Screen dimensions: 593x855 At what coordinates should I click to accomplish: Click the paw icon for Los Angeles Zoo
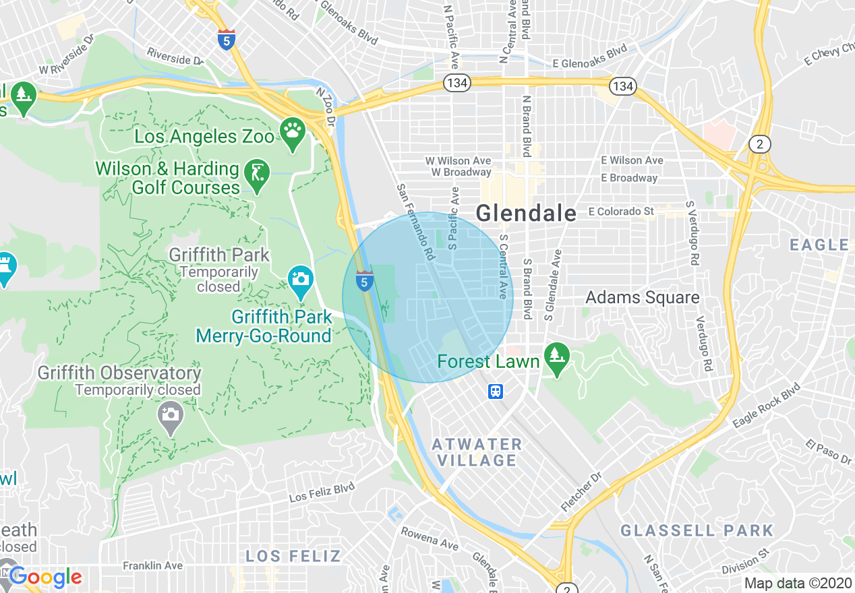(292, 131)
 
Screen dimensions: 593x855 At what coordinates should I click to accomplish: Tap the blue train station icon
(496, 391)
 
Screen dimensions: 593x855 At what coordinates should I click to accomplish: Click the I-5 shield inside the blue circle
(364, 280)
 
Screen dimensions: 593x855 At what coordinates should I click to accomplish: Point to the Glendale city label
(526, 214)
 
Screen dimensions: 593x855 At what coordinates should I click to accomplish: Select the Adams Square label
(642, 297)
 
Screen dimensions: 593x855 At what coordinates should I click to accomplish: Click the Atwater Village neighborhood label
(477, 453)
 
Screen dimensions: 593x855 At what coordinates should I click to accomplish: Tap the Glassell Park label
(697, 530)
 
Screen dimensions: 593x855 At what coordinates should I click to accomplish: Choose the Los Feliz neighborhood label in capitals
(293, 556)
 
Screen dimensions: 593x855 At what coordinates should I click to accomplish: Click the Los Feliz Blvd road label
(322, 492)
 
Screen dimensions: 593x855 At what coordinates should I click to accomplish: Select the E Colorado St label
(620, 212)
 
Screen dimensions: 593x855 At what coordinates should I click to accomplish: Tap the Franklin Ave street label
(152, 565)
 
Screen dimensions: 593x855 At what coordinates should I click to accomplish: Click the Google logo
(45, 578)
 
